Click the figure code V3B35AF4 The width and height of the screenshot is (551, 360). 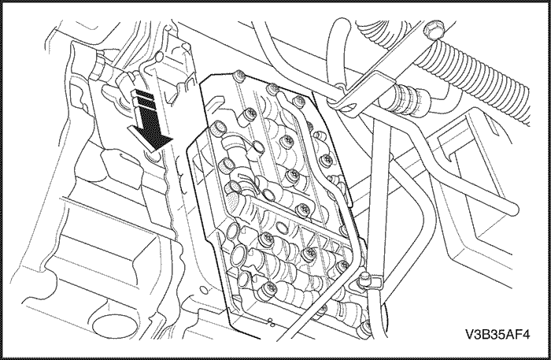coord(497,334)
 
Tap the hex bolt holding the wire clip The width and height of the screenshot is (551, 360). coord(364,279)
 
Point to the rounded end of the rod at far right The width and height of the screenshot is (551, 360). coord(514,210)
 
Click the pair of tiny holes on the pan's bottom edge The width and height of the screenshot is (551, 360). coord(271,321)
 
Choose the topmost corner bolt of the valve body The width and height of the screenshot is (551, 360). coord(239,76)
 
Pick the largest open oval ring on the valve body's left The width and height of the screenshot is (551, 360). coord(239,252)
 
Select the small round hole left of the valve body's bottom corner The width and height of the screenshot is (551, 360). coord(202,290)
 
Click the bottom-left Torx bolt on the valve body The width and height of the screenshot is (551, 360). coord(268,288)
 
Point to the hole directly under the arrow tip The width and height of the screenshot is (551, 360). coord(152,157)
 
